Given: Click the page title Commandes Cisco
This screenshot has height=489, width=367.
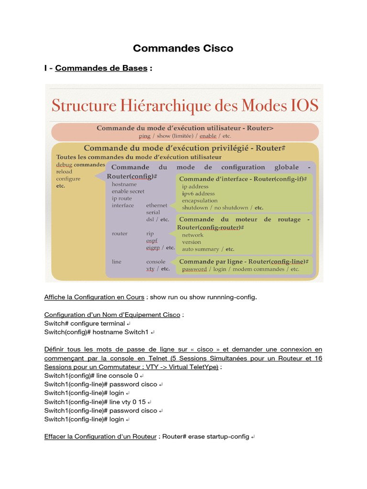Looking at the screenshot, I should [183, 48].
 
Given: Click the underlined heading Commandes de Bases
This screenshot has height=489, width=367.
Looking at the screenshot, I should [101, 68].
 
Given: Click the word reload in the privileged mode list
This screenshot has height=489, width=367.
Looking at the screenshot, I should [64, 172].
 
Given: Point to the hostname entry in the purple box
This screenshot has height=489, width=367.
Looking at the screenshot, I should [124, 184].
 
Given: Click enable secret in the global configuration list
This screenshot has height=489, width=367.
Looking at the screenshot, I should [128, 191].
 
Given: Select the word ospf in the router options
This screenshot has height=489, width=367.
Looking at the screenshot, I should [152, 241].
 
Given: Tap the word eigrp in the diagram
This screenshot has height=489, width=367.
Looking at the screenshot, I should [153, 248].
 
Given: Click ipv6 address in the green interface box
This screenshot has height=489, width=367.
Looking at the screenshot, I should [198, 194].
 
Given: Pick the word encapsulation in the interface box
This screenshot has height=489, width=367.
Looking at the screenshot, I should [200, 201].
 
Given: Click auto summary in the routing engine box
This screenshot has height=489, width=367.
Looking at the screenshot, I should [200, 249].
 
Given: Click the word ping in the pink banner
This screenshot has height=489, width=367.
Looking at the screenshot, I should [144, 136].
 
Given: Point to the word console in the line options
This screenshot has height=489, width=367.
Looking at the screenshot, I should [156, 262].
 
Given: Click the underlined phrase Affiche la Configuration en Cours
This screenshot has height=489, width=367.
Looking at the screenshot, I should [94, 297].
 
